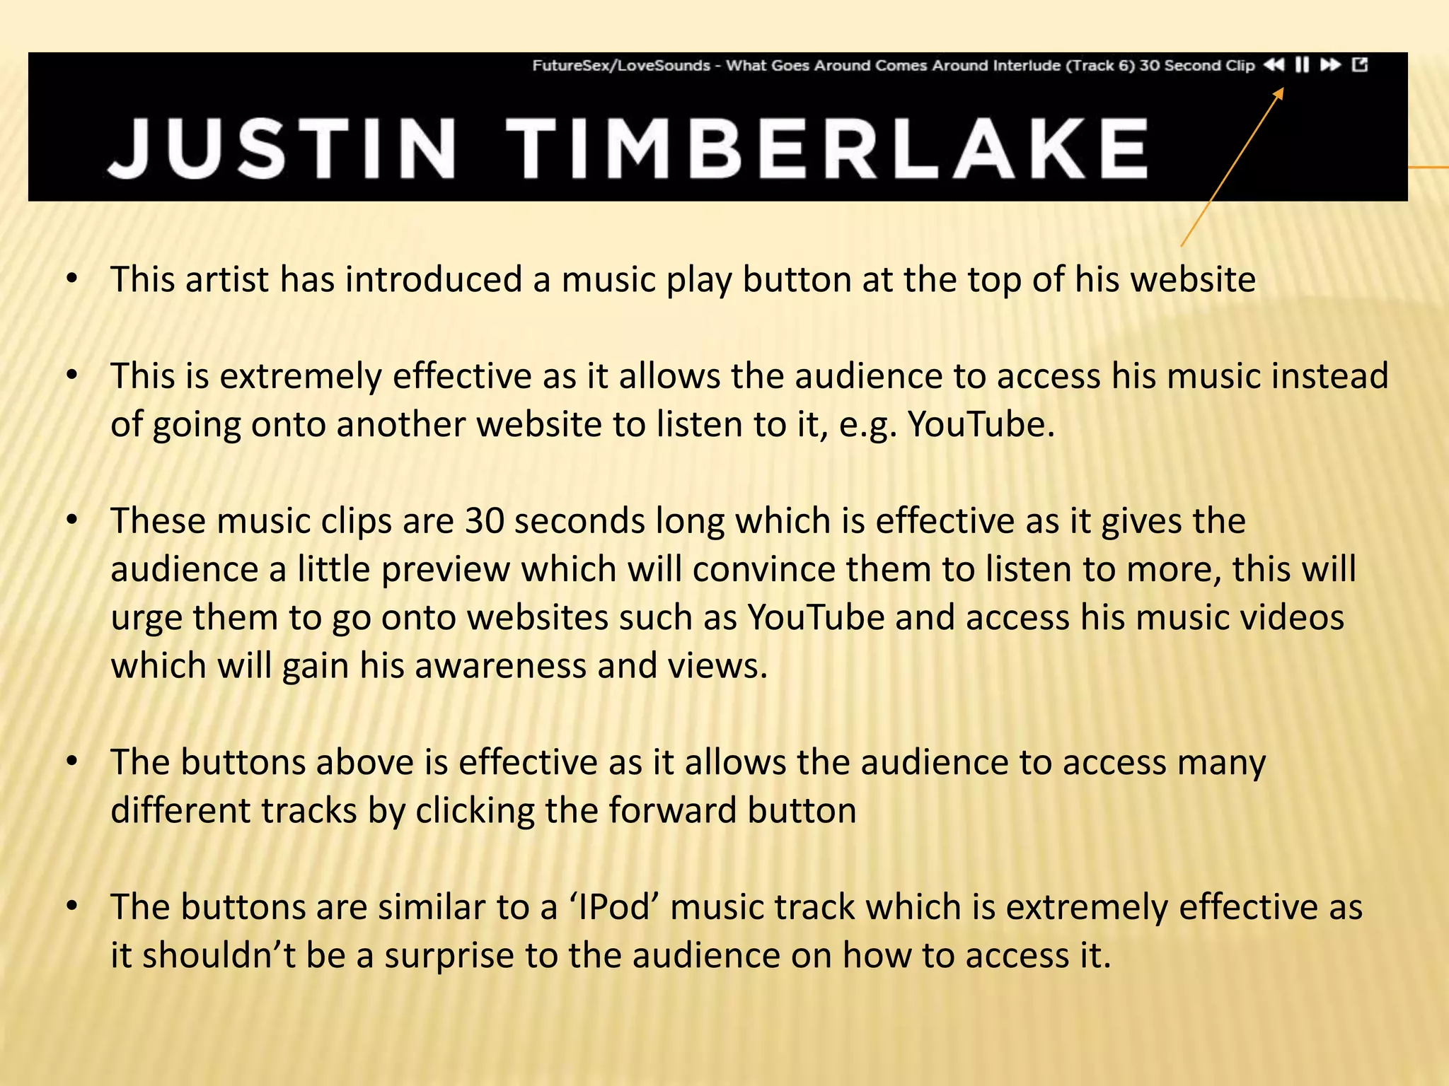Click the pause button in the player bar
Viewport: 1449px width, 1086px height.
pos(1302,65)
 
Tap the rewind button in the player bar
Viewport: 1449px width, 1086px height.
pos(1274,65)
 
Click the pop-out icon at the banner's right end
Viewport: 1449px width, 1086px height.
pos(1360,65)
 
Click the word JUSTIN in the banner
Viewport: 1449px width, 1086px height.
pos(283,148)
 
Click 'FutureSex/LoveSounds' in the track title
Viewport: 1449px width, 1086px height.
pos(620,66)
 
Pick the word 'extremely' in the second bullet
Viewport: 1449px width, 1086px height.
pos(300,375)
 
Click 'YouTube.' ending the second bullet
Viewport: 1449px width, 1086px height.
pos(981,424)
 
